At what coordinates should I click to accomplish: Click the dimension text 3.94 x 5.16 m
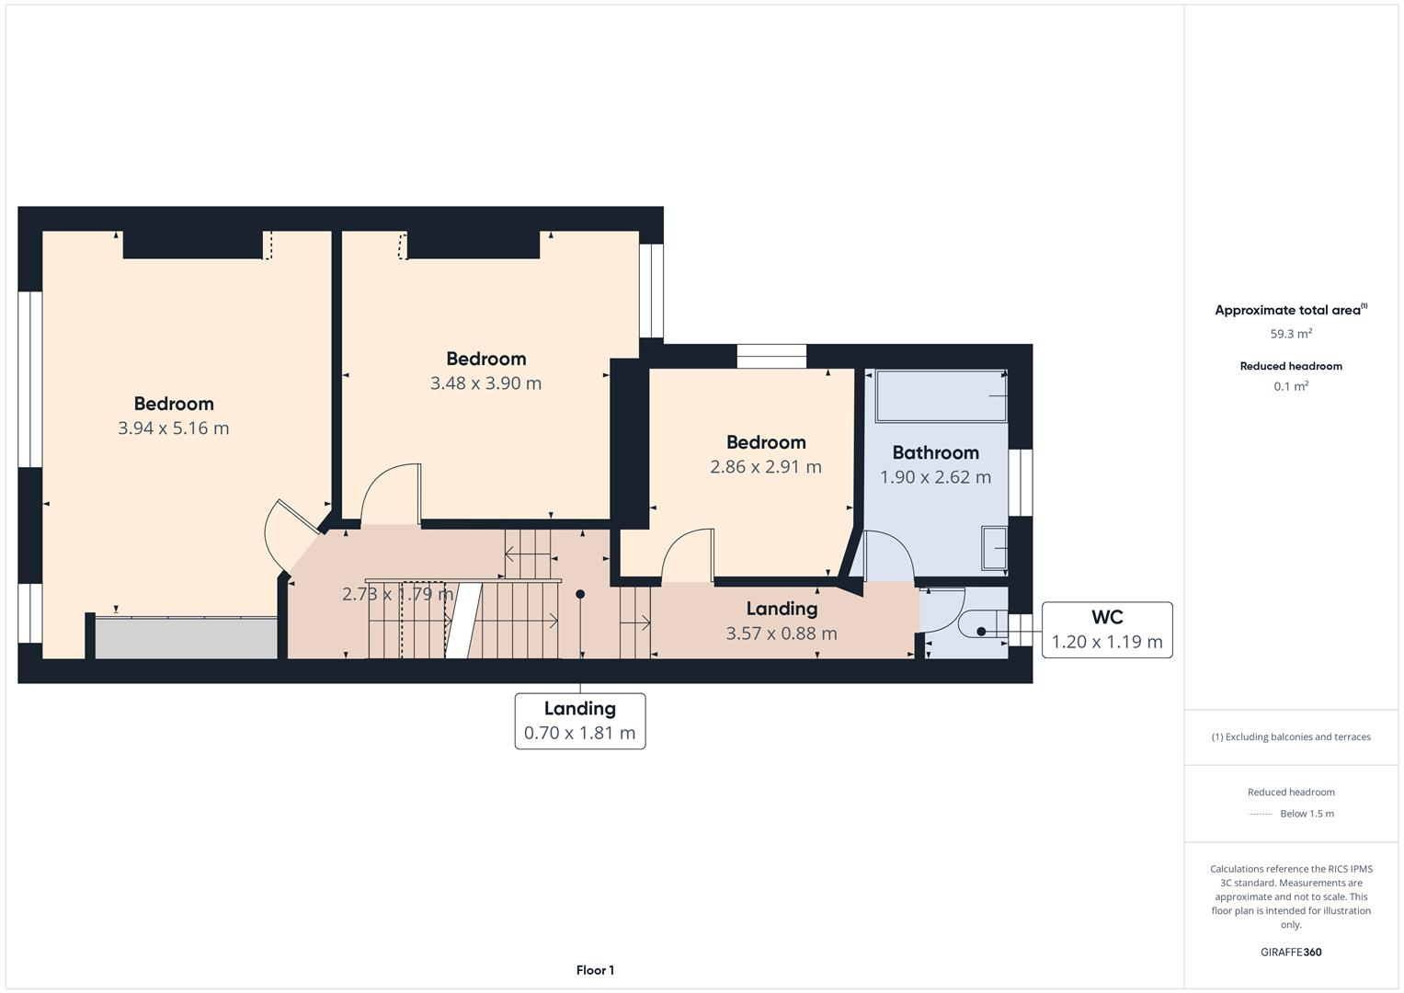point(173,428)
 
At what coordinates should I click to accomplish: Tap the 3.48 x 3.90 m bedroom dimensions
point(485,383)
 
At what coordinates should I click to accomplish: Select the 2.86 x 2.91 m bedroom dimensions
point(765,467)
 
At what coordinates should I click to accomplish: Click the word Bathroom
point(935,452)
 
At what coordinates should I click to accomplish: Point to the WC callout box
point(1106,630)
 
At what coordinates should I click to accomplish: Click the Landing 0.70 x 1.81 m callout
point(579,721)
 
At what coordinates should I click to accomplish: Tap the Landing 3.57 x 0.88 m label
point(781,621)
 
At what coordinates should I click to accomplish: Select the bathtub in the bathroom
point(940,396)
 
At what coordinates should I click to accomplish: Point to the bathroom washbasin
point(994,549)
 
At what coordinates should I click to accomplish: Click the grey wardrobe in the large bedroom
point(186,638)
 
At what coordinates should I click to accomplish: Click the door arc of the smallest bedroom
point(687,554)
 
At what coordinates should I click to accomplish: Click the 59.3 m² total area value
point(1290,335)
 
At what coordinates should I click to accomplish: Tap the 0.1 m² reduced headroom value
point(1290,387)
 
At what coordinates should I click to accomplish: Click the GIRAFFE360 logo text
point(1290,953)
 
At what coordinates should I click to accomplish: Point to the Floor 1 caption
point(595,970)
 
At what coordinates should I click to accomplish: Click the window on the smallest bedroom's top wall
point(771,357)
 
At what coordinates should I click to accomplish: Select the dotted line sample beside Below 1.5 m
point(1261,815)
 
